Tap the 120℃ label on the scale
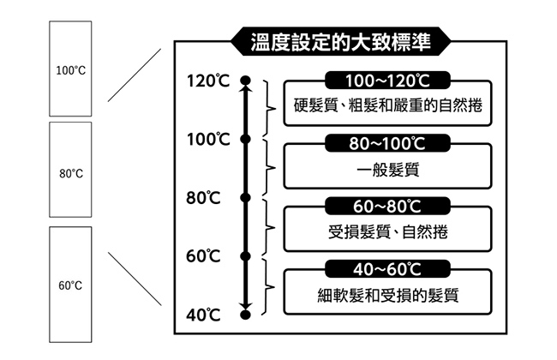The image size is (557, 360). click(208, 81)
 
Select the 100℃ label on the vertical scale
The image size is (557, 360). click(208, 139)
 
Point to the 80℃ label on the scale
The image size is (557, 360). click(203, 197)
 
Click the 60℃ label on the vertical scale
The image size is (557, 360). click(203, 255)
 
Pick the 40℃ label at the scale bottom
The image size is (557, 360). click(203, 315)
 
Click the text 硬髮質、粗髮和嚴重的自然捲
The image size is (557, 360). click(387, 107)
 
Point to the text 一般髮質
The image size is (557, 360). click(387, 170)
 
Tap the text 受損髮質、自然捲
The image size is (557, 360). click(387, 232)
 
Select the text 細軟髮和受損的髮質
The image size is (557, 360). click(387, 296)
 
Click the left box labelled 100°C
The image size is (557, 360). click(71, 69)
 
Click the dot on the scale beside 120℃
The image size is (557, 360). click(245, 81)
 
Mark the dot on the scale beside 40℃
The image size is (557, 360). click(245, 315)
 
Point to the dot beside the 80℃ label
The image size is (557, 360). click(245, 197)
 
